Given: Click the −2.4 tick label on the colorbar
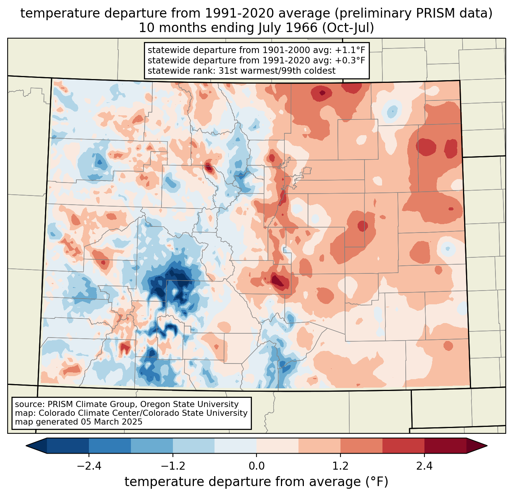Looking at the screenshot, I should [x=89, y=466].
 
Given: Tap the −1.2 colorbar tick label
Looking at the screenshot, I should [x=173, y=466].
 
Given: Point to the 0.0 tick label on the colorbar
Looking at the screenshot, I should [x=256, y=466].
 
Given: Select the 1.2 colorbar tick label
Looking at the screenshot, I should [x=340, y=466].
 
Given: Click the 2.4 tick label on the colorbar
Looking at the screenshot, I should [x=424, y=466].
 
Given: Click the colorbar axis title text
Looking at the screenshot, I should [x=256, y=482].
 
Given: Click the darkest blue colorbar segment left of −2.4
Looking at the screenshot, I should [x=68, y=446].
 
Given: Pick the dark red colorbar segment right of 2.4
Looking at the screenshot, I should [x=445, y=446].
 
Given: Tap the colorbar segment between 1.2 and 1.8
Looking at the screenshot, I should [x=361, y=446].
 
